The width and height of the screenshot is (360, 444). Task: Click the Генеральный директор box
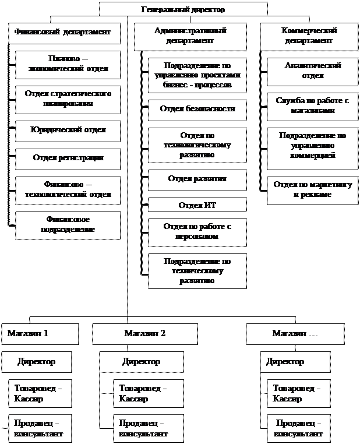183,9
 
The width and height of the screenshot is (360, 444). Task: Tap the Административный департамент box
190,36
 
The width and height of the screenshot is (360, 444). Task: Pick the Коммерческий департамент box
309,36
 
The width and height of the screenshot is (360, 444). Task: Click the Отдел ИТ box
197,205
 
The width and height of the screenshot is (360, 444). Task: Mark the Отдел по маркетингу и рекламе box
312,190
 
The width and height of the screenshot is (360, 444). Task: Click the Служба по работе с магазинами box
312,106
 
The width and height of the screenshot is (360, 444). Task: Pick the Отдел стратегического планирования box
68,99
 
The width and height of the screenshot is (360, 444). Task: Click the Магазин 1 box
40,334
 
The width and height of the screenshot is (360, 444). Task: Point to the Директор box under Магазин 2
141,362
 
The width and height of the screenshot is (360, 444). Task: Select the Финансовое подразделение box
68,225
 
